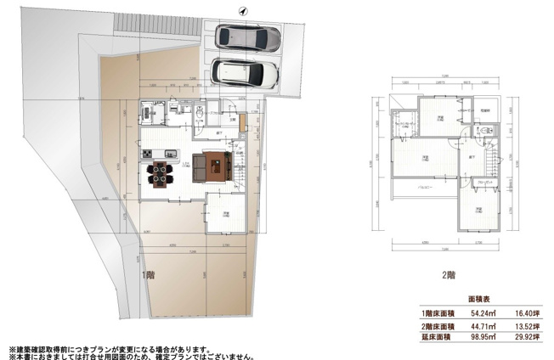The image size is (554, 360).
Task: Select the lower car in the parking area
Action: click(246, 75)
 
